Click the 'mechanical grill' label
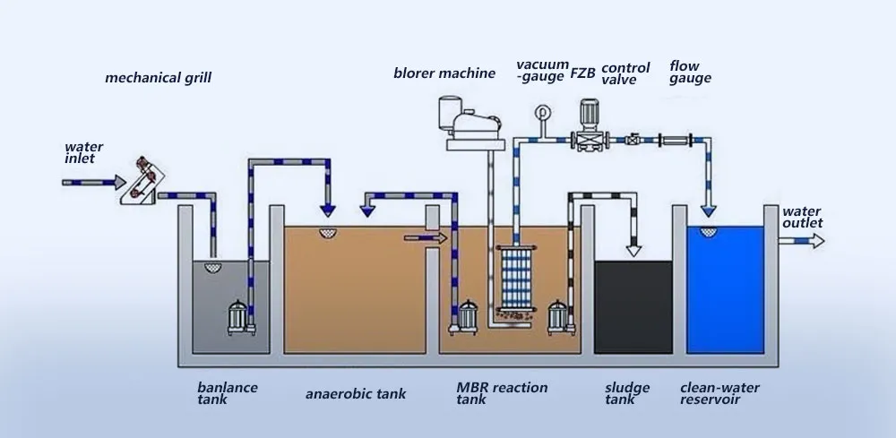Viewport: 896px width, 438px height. click(x=158, y=78)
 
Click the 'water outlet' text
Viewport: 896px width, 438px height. click(x=801, y=217)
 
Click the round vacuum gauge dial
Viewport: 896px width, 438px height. click(x=540, y=113)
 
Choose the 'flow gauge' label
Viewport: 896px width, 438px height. click(x=690, y=73)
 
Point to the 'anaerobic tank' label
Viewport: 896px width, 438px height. click(x=356, y=393)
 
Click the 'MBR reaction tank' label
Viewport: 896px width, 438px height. click(x=502, y=393)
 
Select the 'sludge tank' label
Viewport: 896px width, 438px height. click(x=627, y=393)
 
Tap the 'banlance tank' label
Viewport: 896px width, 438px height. click(x=228, y=393)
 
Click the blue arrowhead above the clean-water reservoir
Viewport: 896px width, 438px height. click(x=709, y=210)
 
